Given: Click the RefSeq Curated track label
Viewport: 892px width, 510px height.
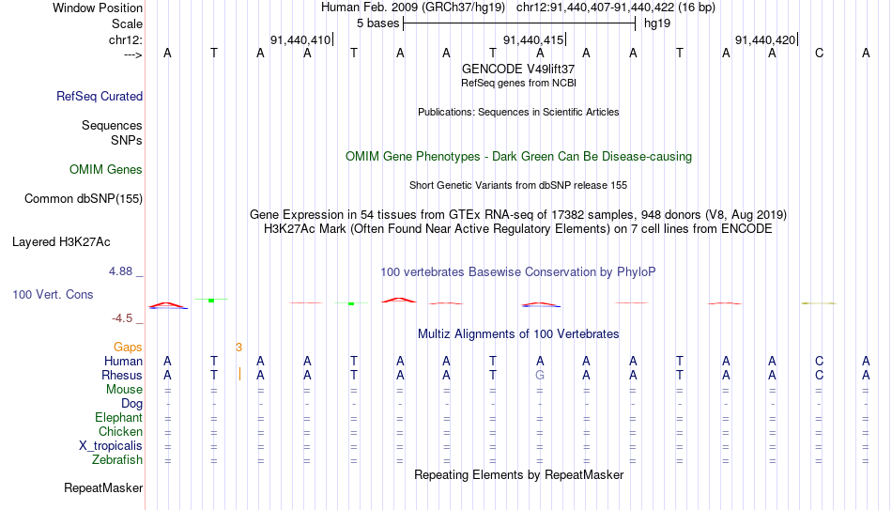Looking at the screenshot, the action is coord(100,96).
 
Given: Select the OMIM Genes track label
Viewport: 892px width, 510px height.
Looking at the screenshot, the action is coord(106,170).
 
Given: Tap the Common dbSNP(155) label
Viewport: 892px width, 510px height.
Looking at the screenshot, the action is coord(84,199).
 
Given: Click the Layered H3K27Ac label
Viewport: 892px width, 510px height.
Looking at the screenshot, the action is coord(61,242).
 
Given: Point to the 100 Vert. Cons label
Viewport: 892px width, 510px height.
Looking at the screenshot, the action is coord(53,294).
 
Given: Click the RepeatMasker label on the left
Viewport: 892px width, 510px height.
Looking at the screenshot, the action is coord(103,487).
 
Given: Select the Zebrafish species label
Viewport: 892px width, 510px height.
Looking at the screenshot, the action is coord(117,459).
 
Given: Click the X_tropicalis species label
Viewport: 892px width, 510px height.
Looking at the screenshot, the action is coord(111,446).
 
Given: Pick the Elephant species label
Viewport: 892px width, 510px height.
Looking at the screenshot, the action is coord(118,417).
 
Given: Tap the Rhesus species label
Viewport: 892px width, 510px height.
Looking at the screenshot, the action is coord(122,375).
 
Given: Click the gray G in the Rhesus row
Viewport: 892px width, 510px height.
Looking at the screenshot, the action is coord(540,375).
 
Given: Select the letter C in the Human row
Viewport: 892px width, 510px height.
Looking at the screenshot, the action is coord(819,361).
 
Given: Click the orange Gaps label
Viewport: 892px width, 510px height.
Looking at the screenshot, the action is coord(128,347).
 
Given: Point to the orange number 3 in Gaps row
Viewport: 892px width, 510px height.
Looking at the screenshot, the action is coord(238,348).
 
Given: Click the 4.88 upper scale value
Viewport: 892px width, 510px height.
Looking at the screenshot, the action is coord(120,271).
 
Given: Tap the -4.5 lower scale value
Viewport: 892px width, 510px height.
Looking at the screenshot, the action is coord(122,318).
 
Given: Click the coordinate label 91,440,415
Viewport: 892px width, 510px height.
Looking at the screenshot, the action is coord(533,39).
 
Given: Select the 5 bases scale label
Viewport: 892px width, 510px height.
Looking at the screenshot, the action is coord(377,23).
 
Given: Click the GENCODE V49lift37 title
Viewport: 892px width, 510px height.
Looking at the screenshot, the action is coord(518,69).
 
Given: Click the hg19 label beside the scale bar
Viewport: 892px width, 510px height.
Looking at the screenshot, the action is coord(657,23).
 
